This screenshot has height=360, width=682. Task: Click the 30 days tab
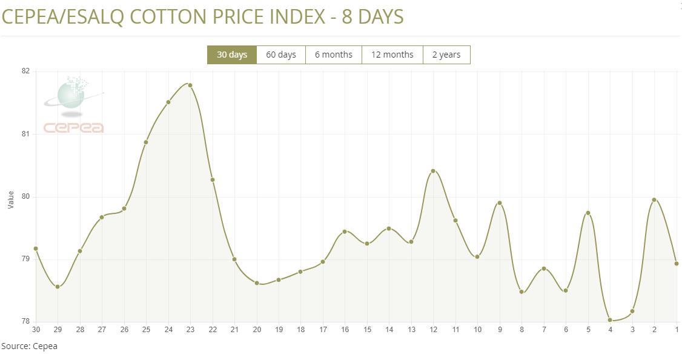tap(232, 55)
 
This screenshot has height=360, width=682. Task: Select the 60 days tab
tap(281, 55)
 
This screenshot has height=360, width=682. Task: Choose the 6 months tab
tap(333, 55)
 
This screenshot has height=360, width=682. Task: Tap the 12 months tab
tap(392, 55)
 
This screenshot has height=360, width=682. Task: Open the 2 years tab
tap(446, 55)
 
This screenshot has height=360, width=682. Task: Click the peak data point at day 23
tap(190, 85)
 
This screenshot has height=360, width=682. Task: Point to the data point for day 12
tap(433, 171)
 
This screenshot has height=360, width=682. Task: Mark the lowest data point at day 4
tap(610, 320)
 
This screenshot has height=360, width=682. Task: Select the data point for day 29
tap(58, 287)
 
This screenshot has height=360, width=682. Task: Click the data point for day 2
tap(654, 199)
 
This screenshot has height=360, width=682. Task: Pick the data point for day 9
tap(500, 203)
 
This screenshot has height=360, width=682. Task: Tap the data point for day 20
tap(257, 283)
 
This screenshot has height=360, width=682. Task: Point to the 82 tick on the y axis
tap(25, 71)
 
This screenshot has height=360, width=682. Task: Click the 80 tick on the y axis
tap(25, 196)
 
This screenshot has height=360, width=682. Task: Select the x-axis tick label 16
tap(345, 330)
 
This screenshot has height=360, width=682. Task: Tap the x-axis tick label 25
tap(146, 330)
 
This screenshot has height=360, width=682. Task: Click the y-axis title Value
tap(10, 200)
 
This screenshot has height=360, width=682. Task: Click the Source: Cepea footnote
tap(29, 346)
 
